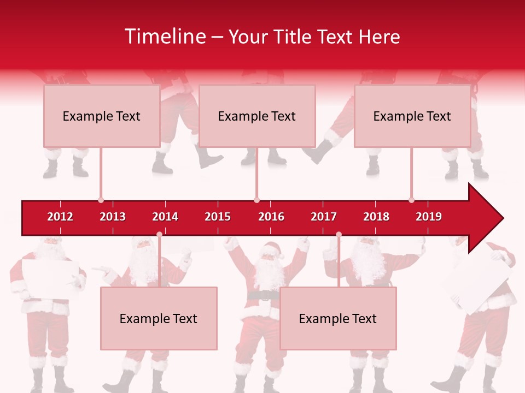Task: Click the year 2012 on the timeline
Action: (x=60, y=217)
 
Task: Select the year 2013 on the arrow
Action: (x=113, y=217)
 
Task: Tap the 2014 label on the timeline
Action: (x=165, y=217)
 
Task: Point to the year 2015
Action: (x=218, y=217)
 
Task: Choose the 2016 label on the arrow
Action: (x=271, y=217)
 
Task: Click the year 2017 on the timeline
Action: (x=324, y=217)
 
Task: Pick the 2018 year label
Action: (x=376, y=217)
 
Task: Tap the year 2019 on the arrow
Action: (x=429, y=217)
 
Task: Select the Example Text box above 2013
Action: (x=102, y=116)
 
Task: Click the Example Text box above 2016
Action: (x=257, y=116)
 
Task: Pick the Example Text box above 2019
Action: (x=412, y=116)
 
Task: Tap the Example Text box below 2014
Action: (x=159, y=319)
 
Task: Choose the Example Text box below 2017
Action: (x=338, y=319)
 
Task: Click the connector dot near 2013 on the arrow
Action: (x=101, y=200)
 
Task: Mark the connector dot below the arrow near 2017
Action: (x=339, y=235)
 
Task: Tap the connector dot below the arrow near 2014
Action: (x=159, y=235)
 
